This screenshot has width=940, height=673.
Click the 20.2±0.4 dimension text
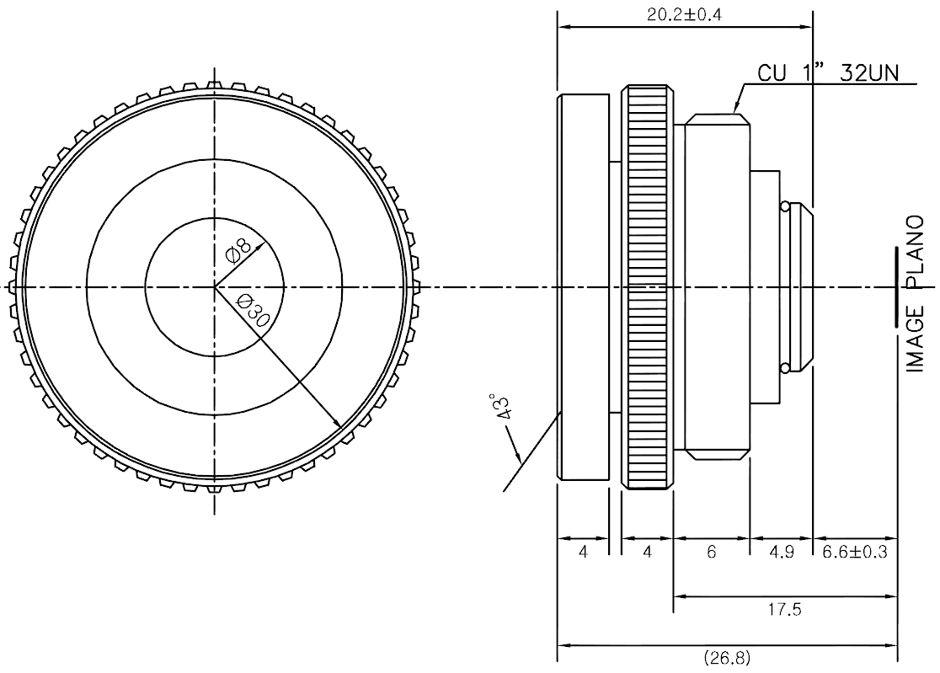point(684,13)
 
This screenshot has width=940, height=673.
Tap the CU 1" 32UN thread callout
point(829,72)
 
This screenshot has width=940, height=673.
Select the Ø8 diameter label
point(238,250)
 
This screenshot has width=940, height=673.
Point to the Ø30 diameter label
point(253,311)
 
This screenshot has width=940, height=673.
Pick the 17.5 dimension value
point(785,610)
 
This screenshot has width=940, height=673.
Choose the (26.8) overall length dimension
point(727,658)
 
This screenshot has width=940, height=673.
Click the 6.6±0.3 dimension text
point(855,552)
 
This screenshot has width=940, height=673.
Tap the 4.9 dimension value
point(781,552)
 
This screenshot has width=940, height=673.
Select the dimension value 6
point(712,552)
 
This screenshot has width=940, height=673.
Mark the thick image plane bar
point(897,287)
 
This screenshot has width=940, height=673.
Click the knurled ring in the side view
point(647,288)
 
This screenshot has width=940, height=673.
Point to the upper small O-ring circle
point(784,207)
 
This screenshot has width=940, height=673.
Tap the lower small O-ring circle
point(784,367)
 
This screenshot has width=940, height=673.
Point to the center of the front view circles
point(215,288)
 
